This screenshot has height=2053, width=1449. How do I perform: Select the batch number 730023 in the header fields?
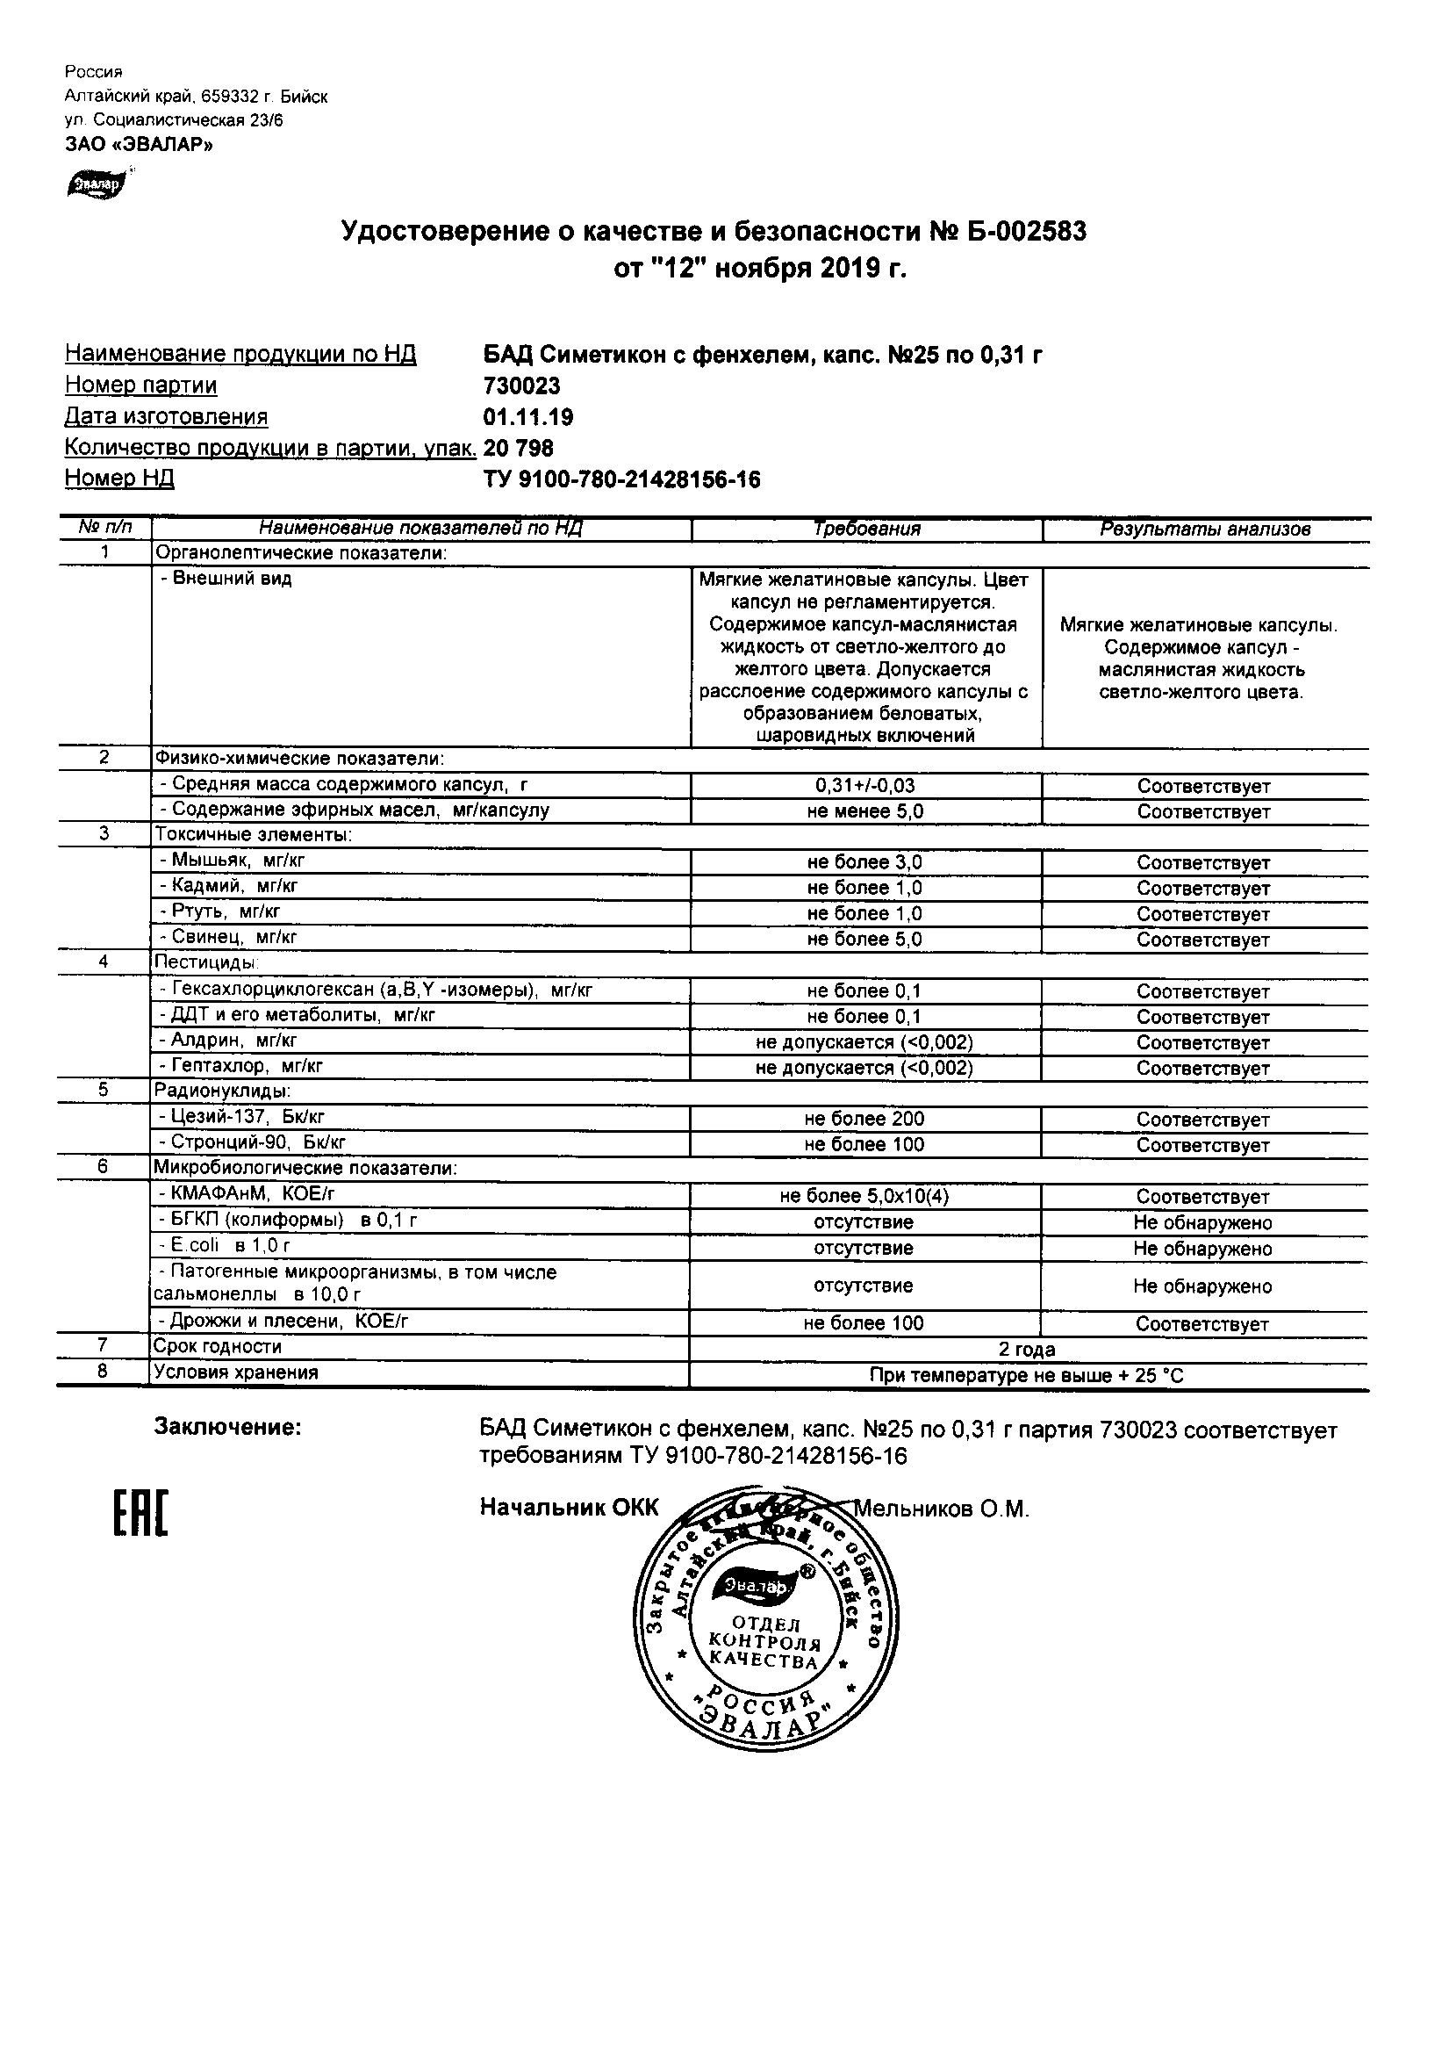pos(522,386)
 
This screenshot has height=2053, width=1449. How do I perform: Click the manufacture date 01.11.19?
pos(528,418)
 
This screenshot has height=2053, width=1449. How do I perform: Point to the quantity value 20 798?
pos(519,448)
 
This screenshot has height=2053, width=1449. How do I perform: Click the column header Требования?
pos(866,529)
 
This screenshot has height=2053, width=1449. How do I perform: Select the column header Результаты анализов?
pos(1205,529)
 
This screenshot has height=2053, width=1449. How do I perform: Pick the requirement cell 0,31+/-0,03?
pos(865,786)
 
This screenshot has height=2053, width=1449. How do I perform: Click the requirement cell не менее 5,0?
pos(865,812)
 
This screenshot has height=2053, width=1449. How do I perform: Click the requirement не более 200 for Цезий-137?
pos(864,1120)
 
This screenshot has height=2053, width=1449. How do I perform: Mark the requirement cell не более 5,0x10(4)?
pos(864,1197)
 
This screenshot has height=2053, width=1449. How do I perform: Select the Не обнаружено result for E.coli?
pos(1202,1250)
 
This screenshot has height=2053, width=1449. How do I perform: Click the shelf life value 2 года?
pos(1027,1350)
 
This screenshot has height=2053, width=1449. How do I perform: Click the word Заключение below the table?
pos(228,1428)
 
